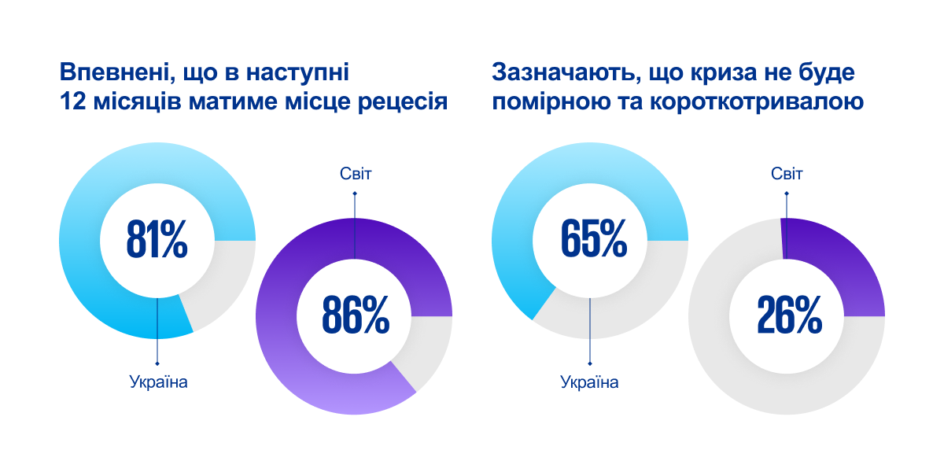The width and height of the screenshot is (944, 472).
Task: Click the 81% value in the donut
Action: coord(157,241)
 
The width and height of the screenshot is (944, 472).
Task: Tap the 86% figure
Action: coord(355,316)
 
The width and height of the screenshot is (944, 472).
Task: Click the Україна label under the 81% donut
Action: coord(158,383)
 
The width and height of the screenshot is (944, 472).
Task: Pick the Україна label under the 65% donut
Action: coord(589,383)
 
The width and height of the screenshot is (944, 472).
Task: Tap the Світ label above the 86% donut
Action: coord(355,174)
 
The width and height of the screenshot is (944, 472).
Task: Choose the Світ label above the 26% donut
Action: coord(787,174)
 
